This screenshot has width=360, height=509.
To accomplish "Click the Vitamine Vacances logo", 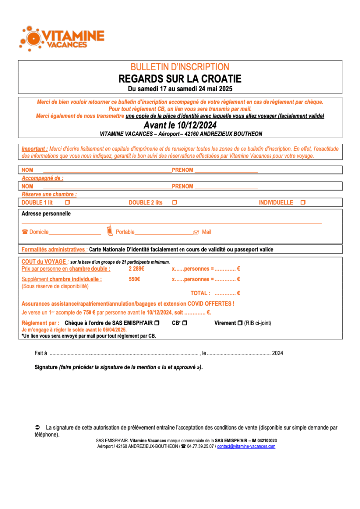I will pyautogui.click(x=62, y=37).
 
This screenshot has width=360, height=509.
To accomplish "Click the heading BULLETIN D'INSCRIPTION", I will pyautogui.click(x=180, y=67).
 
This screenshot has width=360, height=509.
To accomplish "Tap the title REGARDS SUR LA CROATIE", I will pyautogui.click(x=180, y=79).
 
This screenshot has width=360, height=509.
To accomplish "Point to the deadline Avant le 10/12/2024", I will pyautogui.click(x=180, y=125).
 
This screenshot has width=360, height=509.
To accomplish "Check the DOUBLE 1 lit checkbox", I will pyautogui.click(x=67, y=203).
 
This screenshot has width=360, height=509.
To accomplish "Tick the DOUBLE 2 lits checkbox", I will pyautogui.click(x=174, y=203).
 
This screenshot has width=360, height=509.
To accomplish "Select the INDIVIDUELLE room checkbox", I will pyautogui.click(x=303, y=203).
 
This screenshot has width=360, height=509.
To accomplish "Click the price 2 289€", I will pyautogui.click(x=136, y=269).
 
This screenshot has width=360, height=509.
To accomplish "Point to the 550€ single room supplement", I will pyautogui.click(x=134, y=279).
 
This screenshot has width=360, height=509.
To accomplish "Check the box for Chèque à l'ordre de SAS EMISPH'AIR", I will pyautogui.click(x=157, y=323).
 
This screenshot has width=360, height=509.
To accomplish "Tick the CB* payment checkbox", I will pyautogui.click(x=185, y=323).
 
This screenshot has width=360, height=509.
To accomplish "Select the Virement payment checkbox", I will pyautogui.click(x=240, y=323).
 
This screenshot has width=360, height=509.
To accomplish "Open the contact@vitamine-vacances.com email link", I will pyautogui.click(x=247, y=446).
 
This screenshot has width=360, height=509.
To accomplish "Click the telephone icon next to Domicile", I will pyautogui.click(x=25, y=232).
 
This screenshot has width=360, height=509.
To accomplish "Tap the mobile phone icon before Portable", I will pyautogui.click(x=110, y=231).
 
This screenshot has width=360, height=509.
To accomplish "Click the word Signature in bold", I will pyautogui.click(x=46, y=367).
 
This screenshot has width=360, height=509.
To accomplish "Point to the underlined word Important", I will pyautogui.click(x=34, y=149).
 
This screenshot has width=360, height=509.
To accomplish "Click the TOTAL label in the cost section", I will pyautogui.click(x=200, y=293).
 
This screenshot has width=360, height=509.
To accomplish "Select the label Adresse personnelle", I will pyautogui.click(x=46, y=214).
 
